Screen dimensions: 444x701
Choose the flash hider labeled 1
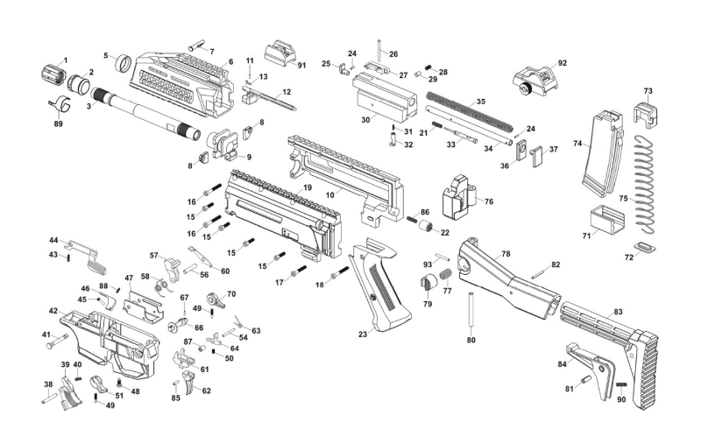[53, 73]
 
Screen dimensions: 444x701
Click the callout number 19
[308, 187]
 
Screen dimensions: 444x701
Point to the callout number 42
[53, 311]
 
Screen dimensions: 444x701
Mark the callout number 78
[505, 254]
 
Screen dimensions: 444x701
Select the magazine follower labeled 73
[648, 112]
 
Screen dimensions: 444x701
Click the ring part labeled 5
[123, 63]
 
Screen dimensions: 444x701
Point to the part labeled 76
[458, 198]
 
